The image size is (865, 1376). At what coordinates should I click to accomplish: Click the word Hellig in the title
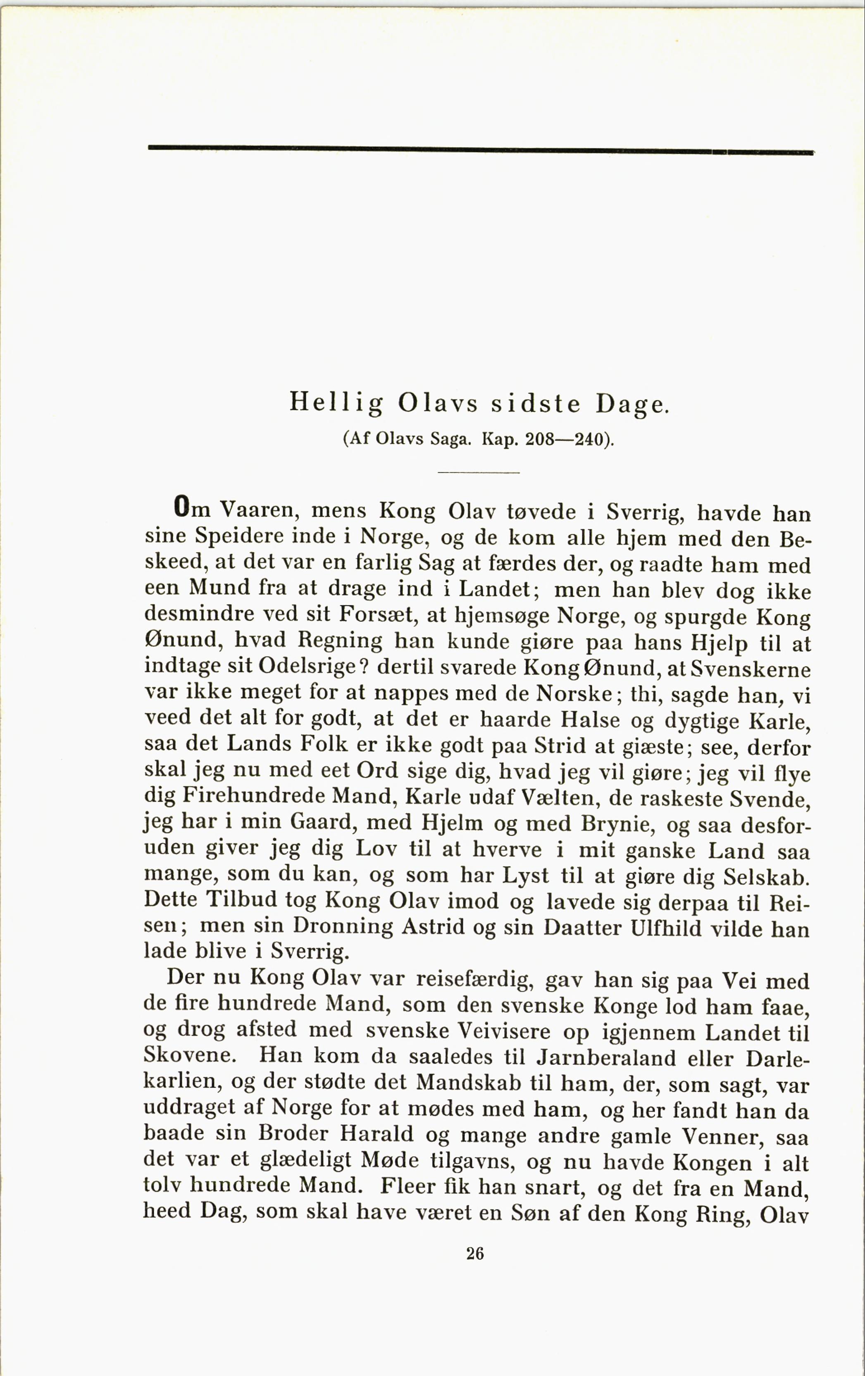[x=336, y=403]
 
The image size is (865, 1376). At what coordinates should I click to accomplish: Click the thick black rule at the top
[x=480, y=150]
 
